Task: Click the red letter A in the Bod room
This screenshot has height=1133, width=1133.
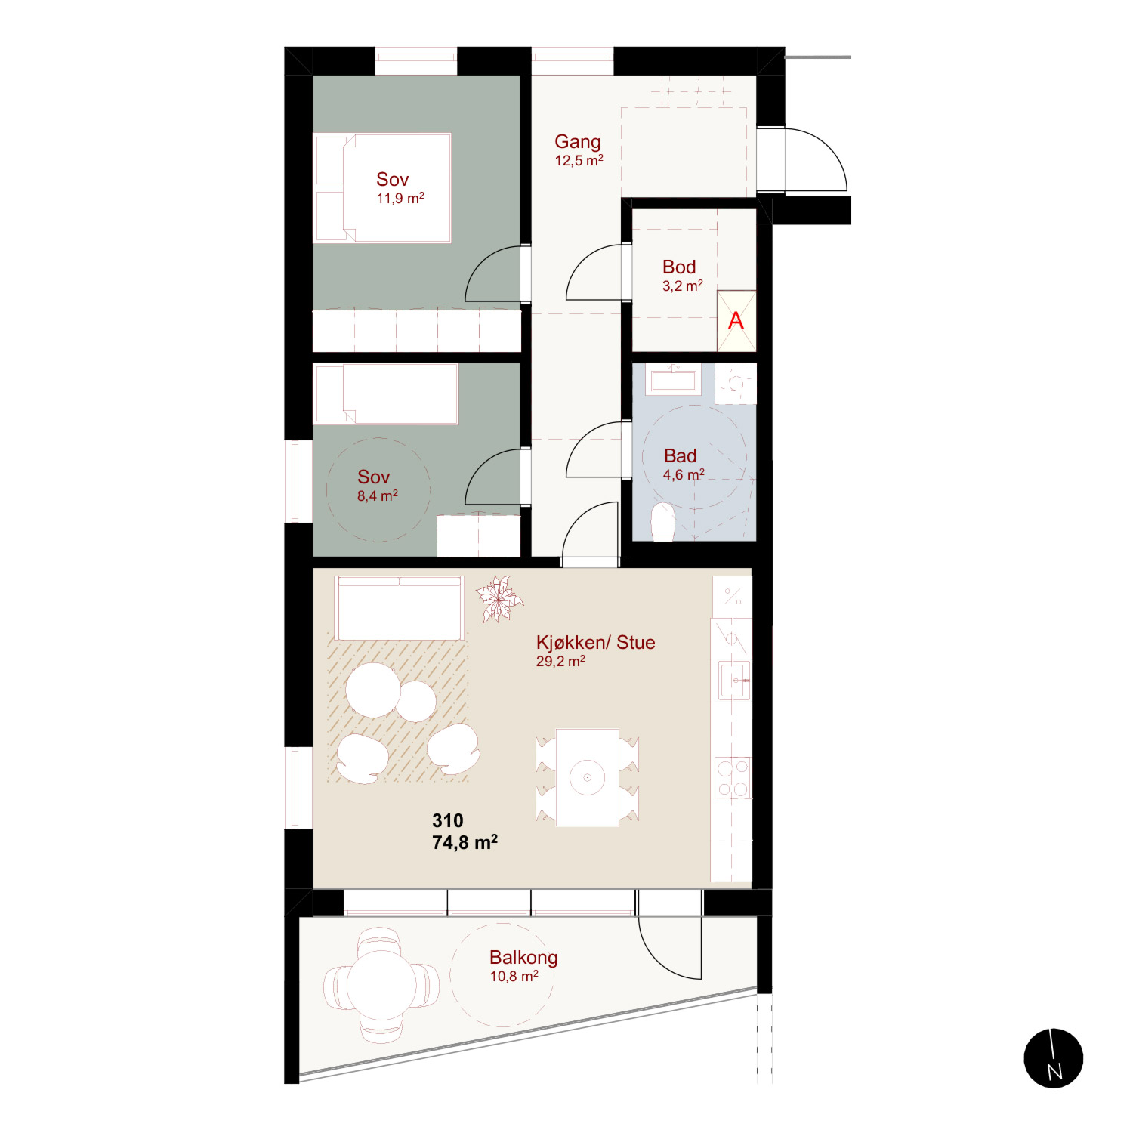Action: point(736,321)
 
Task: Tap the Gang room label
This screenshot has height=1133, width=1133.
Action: point(578,143)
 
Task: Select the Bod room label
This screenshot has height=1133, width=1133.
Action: point(679,267)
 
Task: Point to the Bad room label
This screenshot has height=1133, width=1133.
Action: point(681,455)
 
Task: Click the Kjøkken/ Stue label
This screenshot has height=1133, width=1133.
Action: point(596,642)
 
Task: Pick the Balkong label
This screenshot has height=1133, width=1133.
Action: point(523,958)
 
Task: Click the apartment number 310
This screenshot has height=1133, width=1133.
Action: point(448,820)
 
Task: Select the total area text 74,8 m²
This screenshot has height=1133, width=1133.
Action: point(465,842)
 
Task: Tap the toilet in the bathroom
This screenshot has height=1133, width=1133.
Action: point(662,522)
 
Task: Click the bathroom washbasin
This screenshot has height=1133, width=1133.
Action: point(674,379)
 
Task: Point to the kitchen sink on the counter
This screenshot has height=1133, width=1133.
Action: point(733,680)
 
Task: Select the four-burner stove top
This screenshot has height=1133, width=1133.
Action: point(733,778)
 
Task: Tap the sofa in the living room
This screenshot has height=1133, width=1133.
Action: point(400,609)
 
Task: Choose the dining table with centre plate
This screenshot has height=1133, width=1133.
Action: point(587,776)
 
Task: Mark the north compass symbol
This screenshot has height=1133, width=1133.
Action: point(1054,1058)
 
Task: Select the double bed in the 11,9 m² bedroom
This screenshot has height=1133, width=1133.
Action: point(382,188)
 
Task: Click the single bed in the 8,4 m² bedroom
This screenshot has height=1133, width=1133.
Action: point(386,394)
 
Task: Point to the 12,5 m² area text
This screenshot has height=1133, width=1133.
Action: point(579,161)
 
